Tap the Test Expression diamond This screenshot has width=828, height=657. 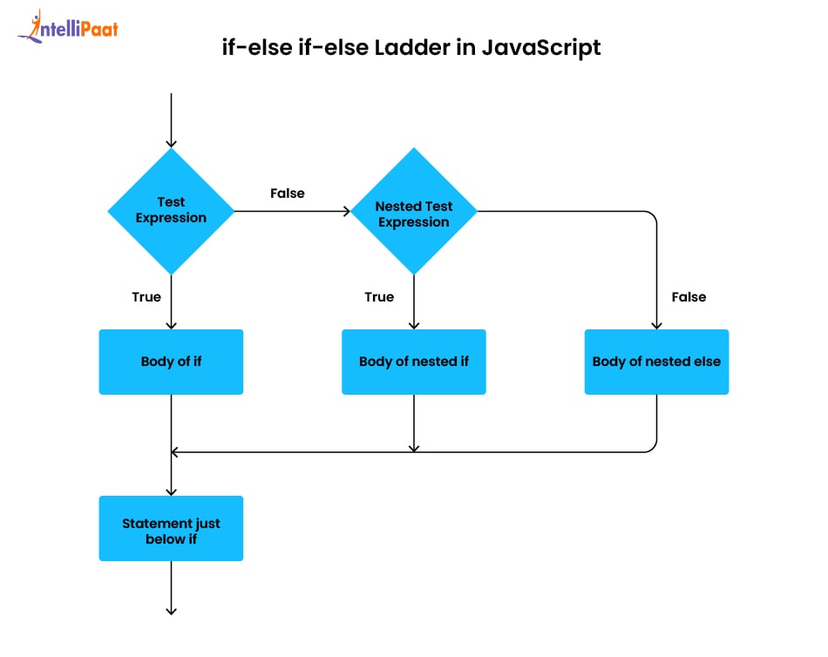coord(171,211)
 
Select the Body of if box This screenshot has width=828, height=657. coord(171,362)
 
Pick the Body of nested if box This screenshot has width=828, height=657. coord(414,362)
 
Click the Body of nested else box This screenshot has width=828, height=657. coord(656,362)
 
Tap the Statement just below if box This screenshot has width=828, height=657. coord(171,528)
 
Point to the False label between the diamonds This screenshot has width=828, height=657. coord(288,193)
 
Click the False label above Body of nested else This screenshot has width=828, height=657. coord(689,297)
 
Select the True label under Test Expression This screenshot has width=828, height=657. coord(146,297)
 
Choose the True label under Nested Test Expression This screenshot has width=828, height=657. coord(379,297)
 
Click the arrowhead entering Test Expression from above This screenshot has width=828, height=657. coord(171,143)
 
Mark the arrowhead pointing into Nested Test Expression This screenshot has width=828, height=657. coord(346,211)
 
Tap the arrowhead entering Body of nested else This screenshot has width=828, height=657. coord(656,325)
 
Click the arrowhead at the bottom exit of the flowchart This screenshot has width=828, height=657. coord(171,611)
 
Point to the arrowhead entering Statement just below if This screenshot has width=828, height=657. coord(171,491)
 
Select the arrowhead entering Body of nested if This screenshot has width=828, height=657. coord(414,325)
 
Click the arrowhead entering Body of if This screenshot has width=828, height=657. coord(171,325)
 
